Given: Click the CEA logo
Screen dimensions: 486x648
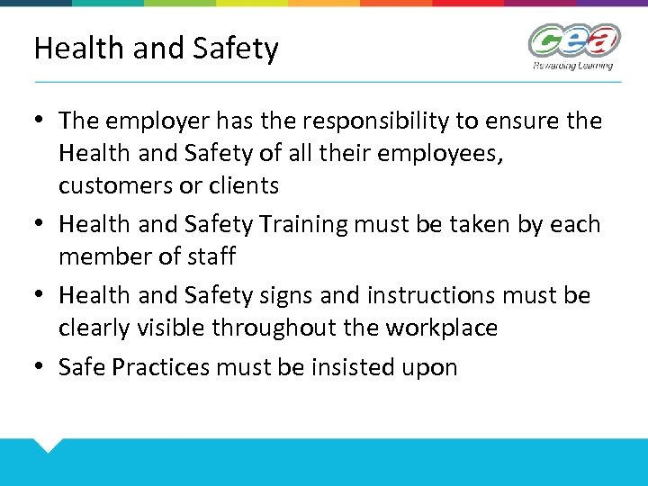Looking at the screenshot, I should [x=574, y=40].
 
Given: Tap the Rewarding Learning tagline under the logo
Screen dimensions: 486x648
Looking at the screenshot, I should [x=572, y=65].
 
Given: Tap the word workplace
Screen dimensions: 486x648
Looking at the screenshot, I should [x=441, y=328].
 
